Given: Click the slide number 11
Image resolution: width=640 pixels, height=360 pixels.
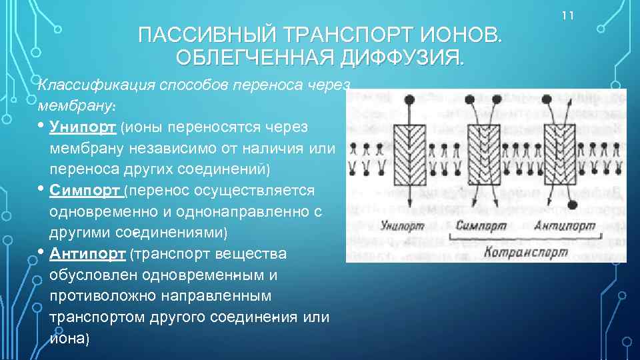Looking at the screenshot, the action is pos(568,15).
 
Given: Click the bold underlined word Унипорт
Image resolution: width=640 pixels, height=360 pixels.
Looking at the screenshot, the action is pos(83,127).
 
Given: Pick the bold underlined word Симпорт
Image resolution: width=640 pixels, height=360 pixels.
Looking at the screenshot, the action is pos(85,191).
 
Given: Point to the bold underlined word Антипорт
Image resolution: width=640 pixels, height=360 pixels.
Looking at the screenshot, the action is pos(87,254).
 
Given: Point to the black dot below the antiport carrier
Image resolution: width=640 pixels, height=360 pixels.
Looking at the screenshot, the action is pos(571,204).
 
